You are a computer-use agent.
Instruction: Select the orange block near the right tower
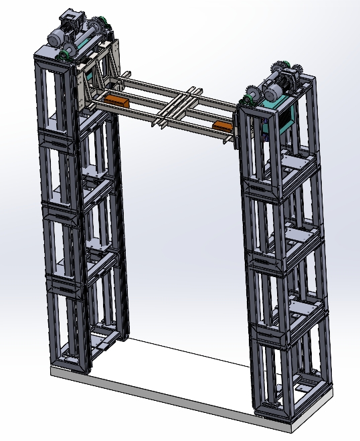[x=221, y=125]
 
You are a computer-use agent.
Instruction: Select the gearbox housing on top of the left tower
[x=72, y=16]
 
